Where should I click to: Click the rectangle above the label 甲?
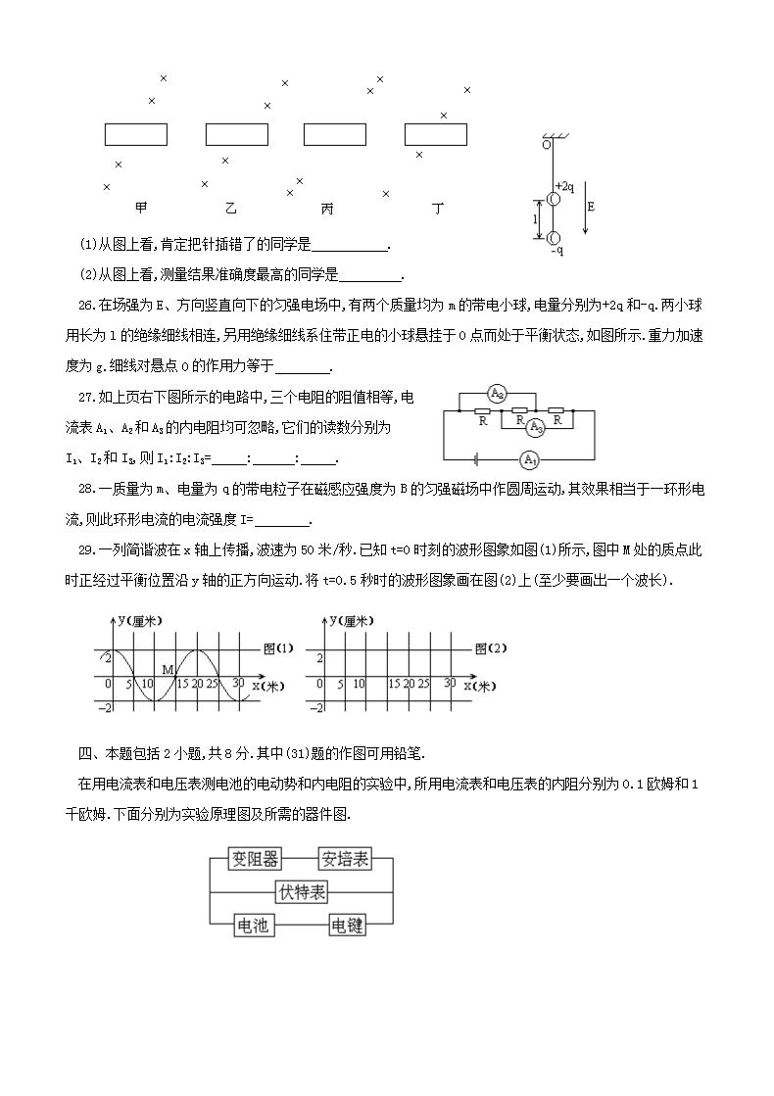pos(135,134)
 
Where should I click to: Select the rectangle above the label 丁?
pos(435,134)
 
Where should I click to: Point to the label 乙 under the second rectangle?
pos(230,209)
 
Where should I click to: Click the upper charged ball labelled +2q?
pos(553,199)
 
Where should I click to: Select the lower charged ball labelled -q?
pos(553,237)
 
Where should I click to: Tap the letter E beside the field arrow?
pos(590,207)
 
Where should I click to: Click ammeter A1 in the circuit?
pos(529,458)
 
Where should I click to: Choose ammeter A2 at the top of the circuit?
pos(497,395)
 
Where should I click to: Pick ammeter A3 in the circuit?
pos(535,427)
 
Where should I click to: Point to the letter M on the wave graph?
pos(167,670)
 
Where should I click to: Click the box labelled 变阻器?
pos(256,859)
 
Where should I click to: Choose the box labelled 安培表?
pos(346,859)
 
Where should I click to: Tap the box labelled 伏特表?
pos(302,891)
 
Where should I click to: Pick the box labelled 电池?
pos(253,925)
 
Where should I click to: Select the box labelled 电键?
pos(349,925)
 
